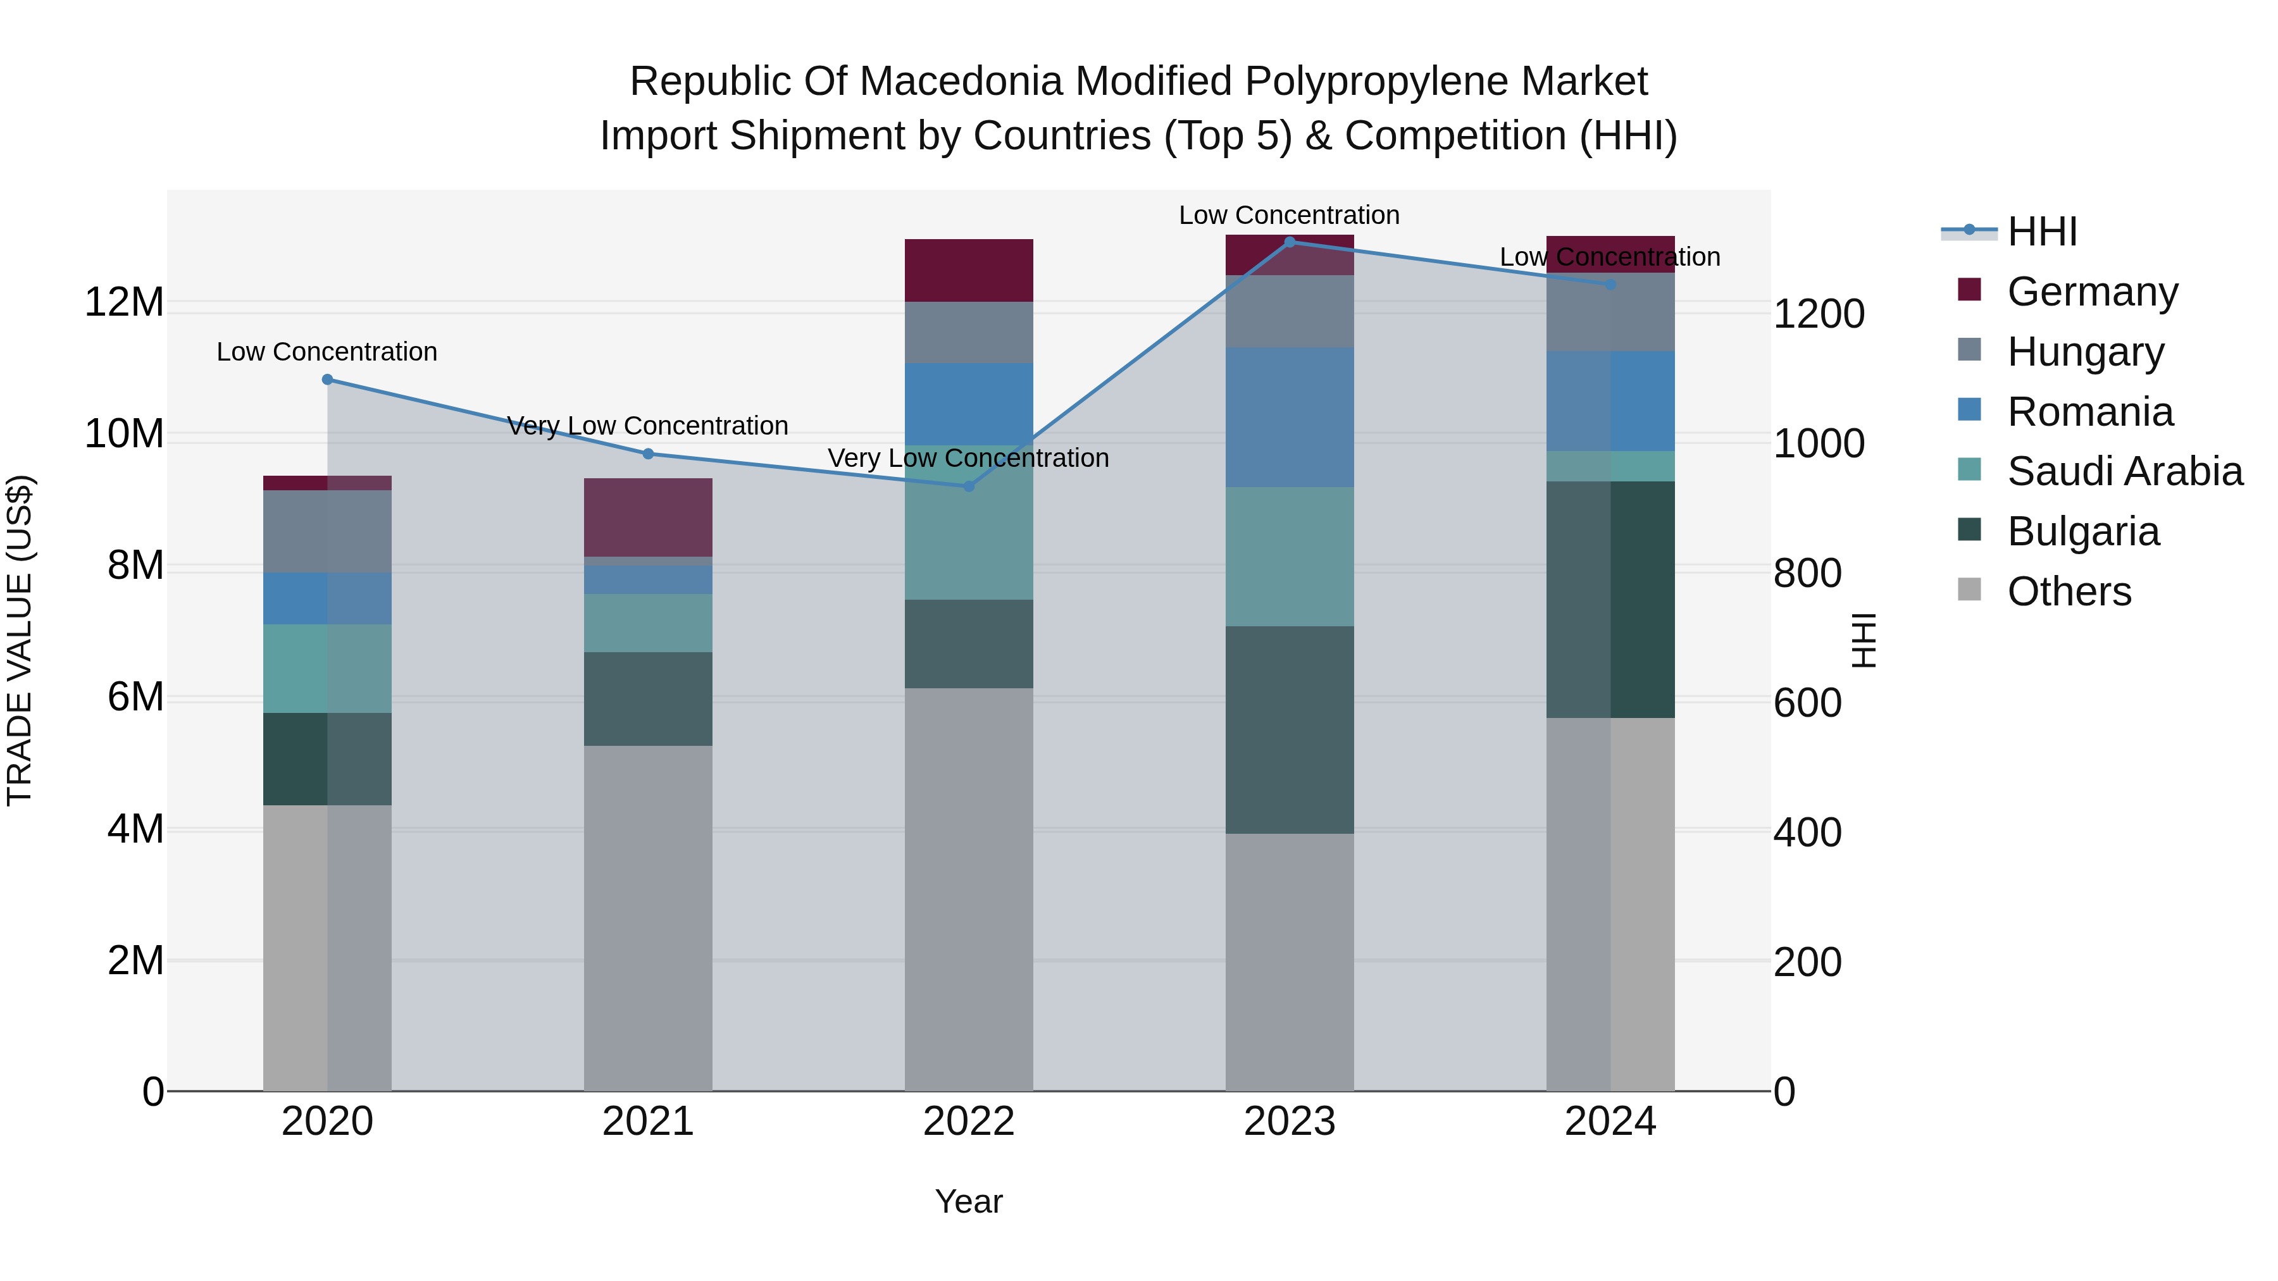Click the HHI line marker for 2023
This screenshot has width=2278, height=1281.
tap(1290, 242)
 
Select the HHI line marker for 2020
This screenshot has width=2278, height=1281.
tap(327, 380)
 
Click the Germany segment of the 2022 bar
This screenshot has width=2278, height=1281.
tap(968, 271)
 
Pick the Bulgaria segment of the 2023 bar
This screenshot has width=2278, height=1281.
tap(1290, 729)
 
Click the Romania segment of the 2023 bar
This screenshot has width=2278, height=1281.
tap(1290, 418)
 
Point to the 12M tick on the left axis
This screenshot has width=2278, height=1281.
tap(124, 302)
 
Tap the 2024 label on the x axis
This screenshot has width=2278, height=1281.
tap(1609, 1122)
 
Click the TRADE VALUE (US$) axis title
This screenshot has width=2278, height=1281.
tap(20, 640)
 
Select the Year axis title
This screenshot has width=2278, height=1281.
tap(968, 1201)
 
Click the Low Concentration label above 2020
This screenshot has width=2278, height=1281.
tap(327, 352)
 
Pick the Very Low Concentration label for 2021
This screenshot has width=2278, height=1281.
tap(647, 426)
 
